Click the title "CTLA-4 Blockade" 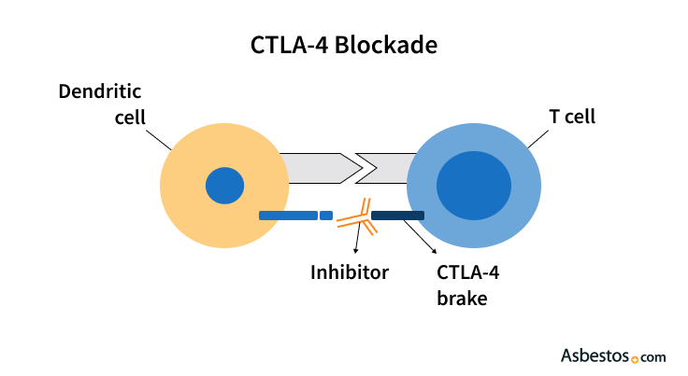pyautogui.click(x=344, y=44)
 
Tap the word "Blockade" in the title pyautogui.click(x=392, y=44)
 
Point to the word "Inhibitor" pyautogui.click(x=350, y=272)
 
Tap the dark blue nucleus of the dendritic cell pyautogui.click(x=224, y=185)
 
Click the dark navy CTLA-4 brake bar pyautogui.click(x=397, y=216)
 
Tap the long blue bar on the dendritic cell pyautogui.click(x=288, y=216)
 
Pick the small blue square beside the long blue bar pyautogui.click(x=325, y=216)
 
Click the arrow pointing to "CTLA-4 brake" pyautogui.click(x=423, y=242)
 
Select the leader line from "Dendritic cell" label pyautogui.click(x=160, y=139)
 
